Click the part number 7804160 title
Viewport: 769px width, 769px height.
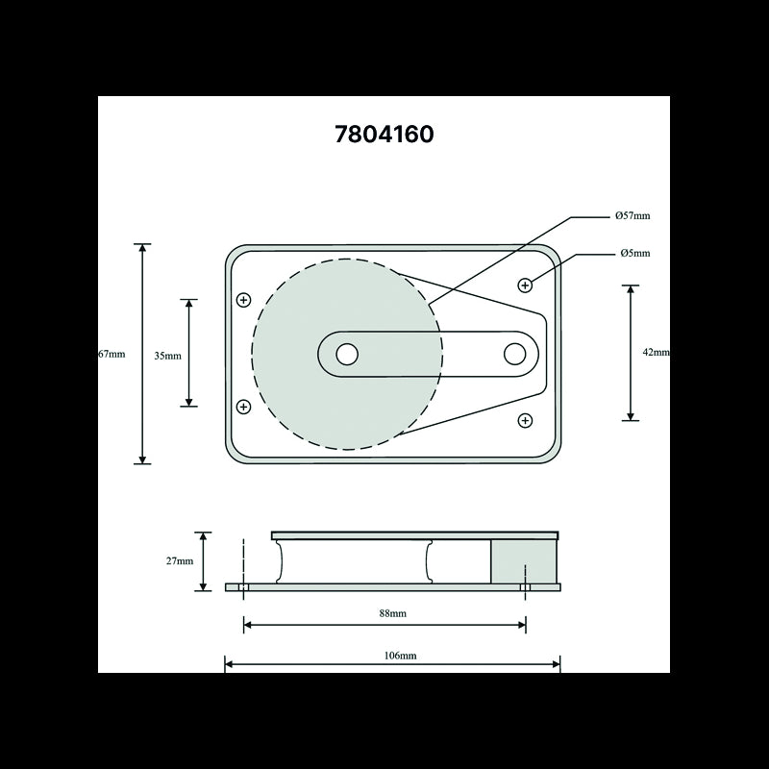coord(384,134)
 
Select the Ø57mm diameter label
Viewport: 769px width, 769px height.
coord(633,216)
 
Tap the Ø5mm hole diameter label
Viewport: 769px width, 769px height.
coord(634,254)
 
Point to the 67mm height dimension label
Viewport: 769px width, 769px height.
coord(112,354)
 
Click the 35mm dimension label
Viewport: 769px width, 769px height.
coord(167,355)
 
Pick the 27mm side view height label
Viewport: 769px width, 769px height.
coord(180,561)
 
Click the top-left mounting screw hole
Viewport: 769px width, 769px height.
coord(243,300)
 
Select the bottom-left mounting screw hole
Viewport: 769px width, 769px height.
coord(243,407)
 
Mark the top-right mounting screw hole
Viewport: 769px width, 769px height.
coord(525,285)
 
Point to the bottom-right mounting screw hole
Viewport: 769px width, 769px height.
coord(525,420)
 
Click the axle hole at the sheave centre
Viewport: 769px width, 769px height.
coord(347,354)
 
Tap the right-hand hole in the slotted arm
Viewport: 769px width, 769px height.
coord(514,354)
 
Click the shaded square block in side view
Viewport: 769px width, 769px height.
coord(524,560)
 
